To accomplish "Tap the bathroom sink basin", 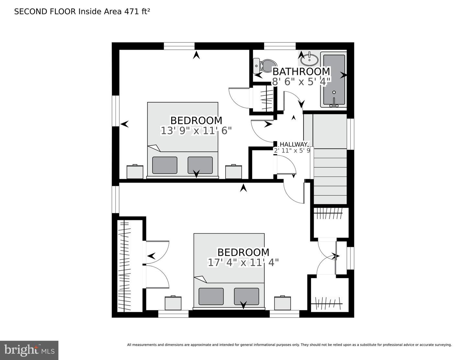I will [309, 59].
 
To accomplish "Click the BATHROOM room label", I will [301, 71].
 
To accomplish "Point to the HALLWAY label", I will [293, 144].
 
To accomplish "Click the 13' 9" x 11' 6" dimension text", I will [196, 131].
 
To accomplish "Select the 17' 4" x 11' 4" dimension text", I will [243, 262].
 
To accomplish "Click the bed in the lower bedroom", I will [229, 270].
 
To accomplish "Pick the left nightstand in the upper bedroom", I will [135, 172].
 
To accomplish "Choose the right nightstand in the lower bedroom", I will [283, 303].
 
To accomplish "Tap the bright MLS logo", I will [29, 350].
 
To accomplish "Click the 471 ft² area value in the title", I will [137, 12].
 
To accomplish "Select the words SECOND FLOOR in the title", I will [45, 12].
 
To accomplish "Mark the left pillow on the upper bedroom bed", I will [165, 165].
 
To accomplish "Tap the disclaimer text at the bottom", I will [289, 345].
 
